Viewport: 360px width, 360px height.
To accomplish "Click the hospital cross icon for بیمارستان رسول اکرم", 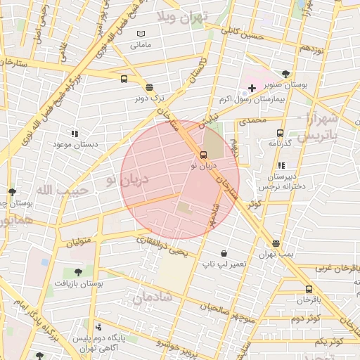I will pyautogui.click(x=252, y=88).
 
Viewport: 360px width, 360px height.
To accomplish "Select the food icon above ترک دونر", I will pyautogui.click(x=149, y=87).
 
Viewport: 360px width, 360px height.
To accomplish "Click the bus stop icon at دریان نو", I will pyautogui.click(x=204, y=155).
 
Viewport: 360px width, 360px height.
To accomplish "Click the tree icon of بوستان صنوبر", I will pyautogui.click(x=285, y=74).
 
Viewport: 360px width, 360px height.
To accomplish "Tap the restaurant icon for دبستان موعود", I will pyautogui.click(x=75, y=133).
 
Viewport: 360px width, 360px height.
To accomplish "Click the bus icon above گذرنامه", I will pyautogui.click(x=281, y=133).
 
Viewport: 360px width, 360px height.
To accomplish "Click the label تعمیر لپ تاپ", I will pyautogui.click(x=224, y=264).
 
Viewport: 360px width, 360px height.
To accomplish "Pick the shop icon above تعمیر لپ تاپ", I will pyautogui.click(x=224, y=253).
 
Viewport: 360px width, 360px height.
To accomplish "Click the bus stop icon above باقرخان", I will pyautogui.click(x=309, y=289).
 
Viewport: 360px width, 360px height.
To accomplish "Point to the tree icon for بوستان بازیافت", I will pyautogui.click(x=77, y=272).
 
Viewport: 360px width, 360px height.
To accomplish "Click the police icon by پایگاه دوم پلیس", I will pyautogui.click(x=98, y=327).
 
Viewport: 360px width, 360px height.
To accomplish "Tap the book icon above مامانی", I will pyautogui.click(x=141, y=34).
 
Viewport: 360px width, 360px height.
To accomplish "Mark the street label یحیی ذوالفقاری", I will pyautogui.click(x=162, y=245).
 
